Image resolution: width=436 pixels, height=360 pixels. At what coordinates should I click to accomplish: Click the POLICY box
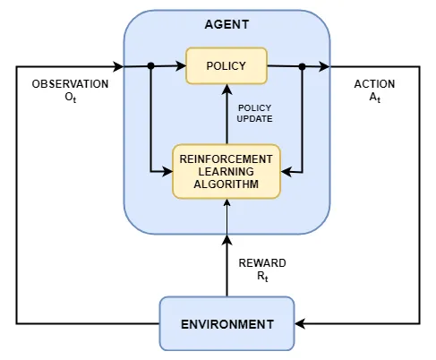(227, 65)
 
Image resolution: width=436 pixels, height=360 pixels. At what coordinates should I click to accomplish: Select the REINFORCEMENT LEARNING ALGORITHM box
(227, 171)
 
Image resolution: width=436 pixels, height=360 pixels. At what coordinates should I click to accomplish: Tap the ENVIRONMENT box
(227, 323)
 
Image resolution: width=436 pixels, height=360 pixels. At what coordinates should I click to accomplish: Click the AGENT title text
(227, 26)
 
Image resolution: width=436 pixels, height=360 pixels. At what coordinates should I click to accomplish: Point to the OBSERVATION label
(70, 84)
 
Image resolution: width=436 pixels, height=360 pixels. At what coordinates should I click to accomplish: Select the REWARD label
(261, 263)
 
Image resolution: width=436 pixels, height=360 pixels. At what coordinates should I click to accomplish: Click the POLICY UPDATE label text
(255, 113)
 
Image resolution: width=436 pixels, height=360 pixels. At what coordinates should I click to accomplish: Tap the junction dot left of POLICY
(150, 65)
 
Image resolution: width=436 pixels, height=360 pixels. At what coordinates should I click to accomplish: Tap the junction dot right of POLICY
(303, 65)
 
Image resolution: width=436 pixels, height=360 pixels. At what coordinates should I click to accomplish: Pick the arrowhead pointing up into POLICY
(227, 90)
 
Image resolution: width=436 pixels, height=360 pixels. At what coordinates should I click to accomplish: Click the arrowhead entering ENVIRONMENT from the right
(301, 323)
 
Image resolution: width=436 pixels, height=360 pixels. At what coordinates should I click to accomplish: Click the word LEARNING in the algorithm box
(227, 171)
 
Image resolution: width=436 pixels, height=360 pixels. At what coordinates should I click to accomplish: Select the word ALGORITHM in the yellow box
(227, 184)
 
